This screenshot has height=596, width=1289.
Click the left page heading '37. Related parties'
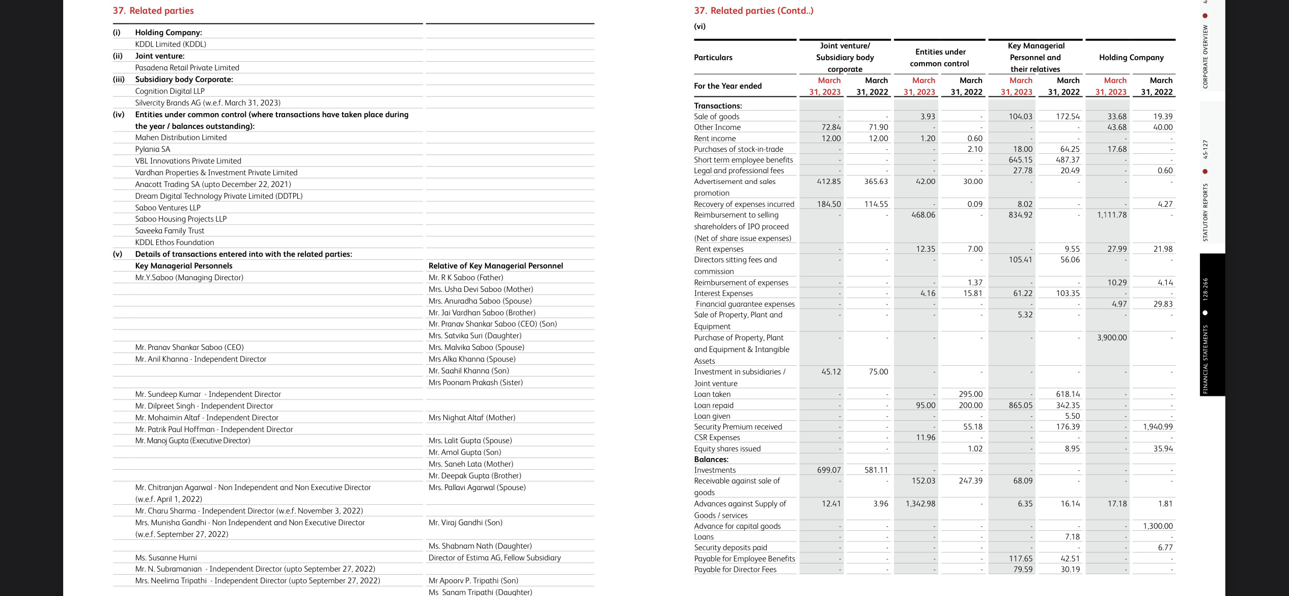pos(153,11)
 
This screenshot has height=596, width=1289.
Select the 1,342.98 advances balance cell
pos(920,504)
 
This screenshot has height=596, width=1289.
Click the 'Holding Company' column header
pos(1131,58)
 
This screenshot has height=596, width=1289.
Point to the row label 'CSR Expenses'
pos(717,438)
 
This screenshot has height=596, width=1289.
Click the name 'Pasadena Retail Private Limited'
pos(187,68)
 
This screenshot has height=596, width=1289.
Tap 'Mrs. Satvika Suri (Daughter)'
pos(474,336)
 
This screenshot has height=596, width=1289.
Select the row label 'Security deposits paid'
pos(730,548)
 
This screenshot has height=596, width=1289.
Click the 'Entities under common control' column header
pos(940,58)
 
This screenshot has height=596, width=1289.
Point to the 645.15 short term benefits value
pos(1020,160)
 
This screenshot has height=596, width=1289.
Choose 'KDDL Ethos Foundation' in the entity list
pos(174,242)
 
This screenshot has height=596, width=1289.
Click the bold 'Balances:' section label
pos(711,459)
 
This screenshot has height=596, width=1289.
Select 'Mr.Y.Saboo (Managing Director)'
pos(189,278)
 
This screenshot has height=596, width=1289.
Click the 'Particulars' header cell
pos(713,58)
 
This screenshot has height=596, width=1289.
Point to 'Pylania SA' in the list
pos(152,149)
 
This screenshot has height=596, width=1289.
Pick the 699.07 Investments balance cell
pos(828,470)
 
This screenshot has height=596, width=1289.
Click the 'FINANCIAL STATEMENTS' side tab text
pos(1205,359)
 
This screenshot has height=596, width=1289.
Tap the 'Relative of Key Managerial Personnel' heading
pos(495,266)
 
